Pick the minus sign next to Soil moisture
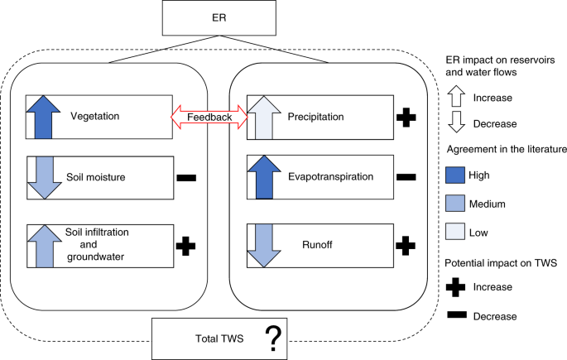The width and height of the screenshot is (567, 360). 187,177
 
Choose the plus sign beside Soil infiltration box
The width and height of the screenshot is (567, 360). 187,245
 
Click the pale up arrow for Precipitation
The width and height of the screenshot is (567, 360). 262,116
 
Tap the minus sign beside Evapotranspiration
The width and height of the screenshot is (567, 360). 406,177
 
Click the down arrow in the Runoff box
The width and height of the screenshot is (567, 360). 262,245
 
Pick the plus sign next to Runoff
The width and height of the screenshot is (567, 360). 406,245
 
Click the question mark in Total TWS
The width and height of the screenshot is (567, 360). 271,338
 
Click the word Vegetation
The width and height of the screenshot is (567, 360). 96,115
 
